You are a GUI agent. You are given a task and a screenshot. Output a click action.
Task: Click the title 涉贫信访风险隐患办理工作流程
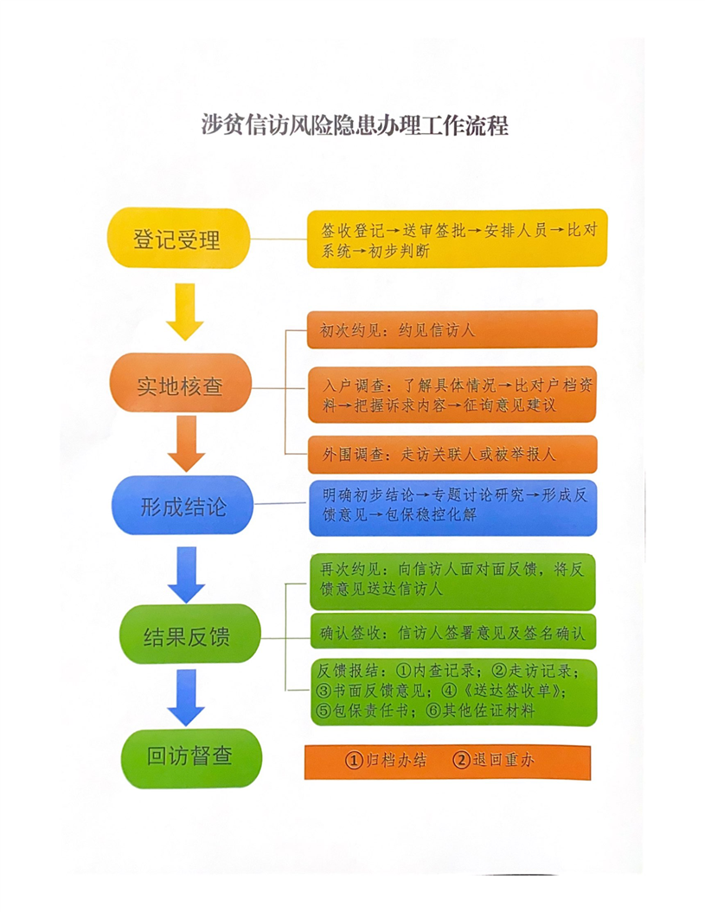point(355,125)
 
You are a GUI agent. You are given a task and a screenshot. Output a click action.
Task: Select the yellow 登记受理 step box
point(178,239)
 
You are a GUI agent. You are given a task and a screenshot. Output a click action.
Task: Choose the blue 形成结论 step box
point(183,506)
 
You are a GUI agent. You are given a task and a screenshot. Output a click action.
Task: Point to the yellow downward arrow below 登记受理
point(185,312)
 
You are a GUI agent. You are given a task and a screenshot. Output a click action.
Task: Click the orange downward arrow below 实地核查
point(186,443)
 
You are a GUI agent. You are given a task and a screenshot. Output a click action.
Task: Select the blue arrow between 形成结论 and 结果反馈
point(186,575)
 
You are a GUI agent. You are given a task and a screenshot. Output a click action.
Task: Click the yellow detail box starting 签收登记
point(457,239)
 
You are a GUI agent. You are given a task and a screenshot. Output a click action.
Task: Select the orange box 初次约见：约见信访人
point(452,329)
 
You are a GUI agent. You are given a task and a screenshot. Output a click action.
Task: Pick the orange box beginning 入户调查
point(452,394)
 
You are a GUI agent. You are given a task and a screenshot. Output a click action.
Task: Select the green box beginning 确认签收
point(453,631)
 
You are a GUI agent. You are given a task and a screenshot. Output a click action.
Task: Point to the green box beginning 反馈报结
point(454,692)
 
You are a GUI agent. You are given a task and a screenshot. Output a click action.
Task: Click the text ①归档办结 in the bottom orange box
point(386,760)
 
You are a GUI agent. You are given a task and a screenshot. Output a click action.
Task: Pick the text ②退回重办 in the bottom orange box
point(494,760)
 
